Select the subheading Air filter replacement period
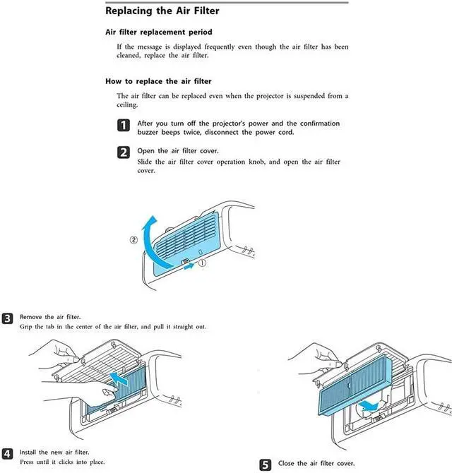tap(158, 32)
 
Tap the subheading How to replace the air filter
tap(158, 81)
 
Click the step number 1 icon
tap(123, 126)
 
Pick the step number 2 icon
tap(123, 152)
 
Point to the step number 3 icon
tap(7, 318)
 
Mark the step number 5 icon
tap(266, 465)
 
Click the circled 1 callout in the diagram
tap(201, 263)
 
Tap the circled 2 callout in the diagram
tap(133, 239)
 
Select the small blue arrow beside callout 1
tap(186, 267)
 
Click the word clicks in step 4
tap(68, 462)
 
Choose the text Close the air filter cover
tap(316, 464)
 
